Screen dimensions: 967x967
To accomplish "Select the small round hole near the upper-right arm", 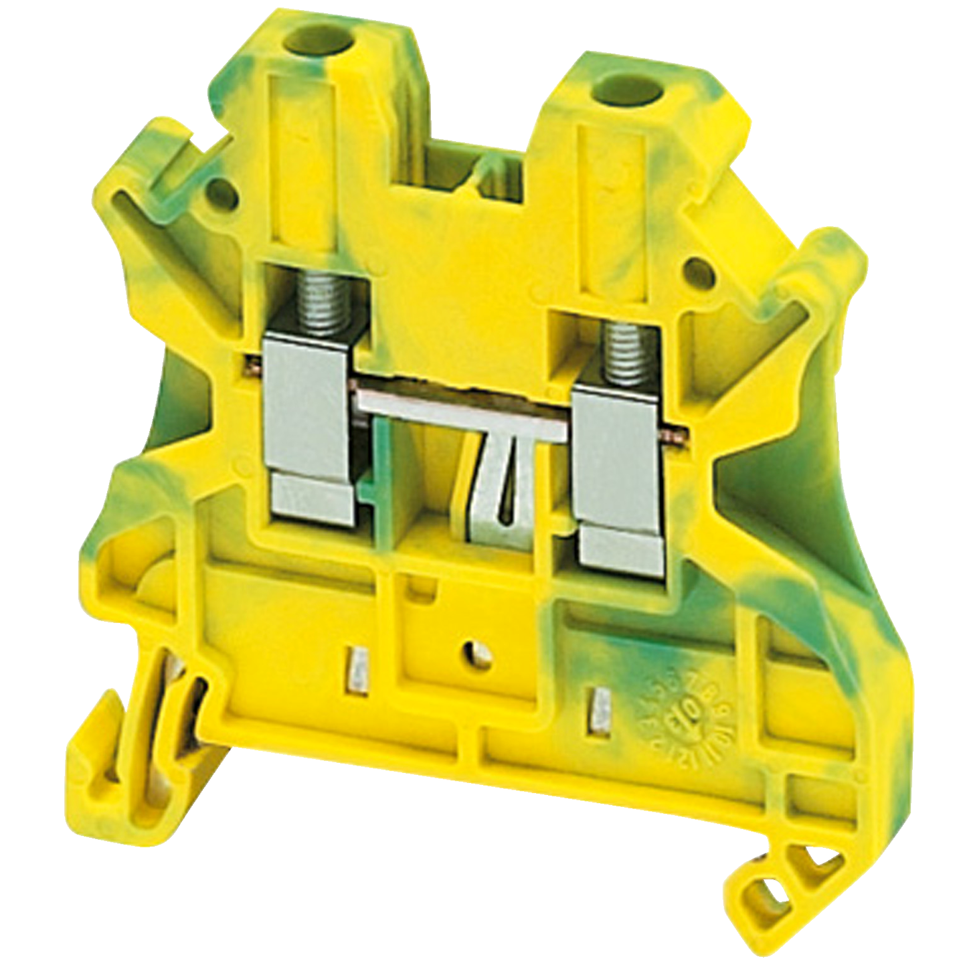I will coord(696,272).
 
